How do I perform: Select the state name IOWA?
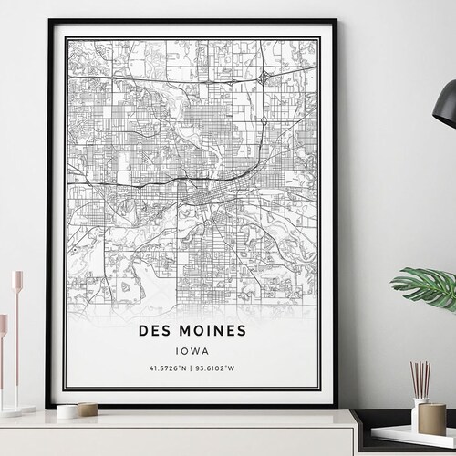click(x=192, y=347)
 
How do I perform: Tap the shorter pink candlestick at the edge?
click(x=3, y=365)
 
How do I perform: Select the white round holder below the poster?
click(x=67, y=411)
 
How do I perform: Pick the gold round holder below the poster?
click(x=88, y=409)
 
